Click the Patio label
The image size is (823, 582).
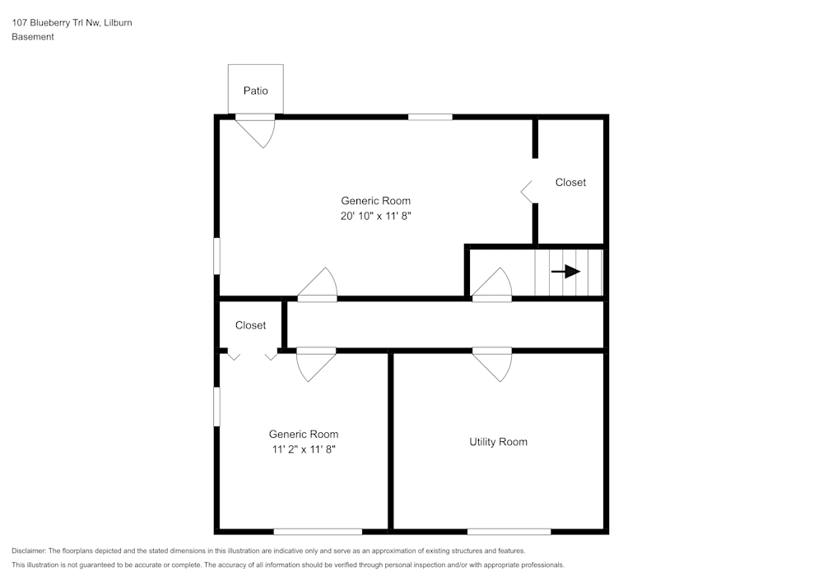pos(255,91)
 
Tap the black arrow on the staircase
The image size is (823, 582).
pos(566,272)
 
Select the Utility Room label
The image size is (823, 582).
pos(498,442)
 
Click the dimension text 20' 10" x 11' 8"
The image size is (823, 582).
pos(375,216)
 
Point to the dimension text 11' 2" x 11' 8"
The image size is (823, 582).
pos(303,449)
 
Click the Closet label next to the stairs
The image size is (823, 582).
pos(570,182)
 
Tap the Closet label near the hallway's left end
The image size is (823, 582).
pos(250,325)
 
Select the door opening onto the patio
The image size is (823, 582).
pos(257,130)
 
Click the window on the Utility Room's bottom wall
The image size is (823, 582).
pos(509,531)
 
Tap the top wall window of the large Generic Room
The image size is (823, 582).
pos(430,117)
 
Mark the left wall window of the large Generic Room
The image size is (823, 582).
pos(217,255)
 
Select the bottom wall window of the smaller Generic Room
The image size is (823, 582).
pos(318,531)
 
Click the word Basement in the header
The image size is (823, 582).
pos(33,37)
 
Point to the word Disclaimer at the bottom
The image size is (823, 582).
pos(29,551)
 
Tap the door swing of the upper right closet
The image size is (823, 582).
pos(527,192)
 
